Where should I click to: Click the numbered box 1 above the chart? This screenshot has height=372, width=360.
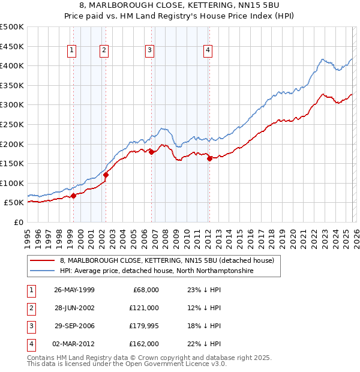[x=72, y=51]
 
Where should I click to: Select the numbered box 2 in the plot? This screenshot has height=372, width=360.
[x=104, y=51]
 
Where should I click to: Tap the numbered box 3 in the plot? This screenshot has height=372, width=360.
[x=149, y=51]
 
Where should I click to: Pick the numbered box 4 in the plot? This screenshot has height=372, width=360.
[x=208, y=51]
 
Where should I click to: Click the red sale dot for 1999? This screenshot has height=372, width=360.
[x=73, y=196]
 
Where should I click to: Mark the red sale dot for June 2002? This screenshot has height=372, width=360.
[x=106, y=175]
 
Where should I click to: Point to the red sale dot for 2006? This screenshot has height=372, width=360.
[x=151, y=152]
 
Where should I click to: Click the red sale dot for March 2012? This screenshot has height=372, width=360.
[x=209, y=159]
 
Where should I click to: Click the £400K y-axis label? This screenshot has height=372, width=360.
[x=12, y=66]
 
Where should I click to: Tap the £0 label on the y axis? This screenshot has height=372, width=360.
[x=18, y=222]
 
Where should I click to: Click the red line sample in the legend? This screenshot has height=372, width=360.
[x=43, y=261]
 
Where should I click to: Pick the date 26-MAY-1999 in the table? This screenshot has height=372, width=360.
[x=74, y=290]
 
